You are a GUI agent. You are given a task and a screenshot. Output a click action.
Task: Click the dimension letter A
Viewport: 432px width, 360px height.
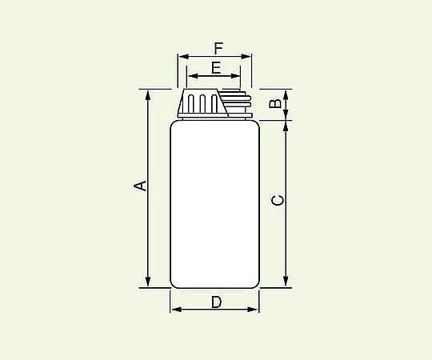coord(140,186)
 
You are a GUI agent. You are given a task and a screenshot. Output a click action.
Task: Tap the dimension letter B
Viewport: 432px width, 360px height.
coord(275,103)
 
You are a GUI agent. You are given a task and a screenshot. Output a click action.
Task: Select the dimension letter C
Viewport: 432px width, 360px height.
coord(277,200)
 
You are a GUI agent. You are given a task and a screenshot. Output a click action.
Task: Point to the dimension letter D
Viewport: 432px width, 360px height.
coord(216,302)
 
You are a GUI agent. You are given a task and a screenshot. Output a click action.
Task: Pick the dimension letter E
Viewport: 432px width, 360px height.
coord(216,68)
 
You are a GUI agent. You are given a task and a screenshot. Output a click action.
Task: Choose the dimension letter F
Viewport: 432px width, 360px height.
coord(218,49)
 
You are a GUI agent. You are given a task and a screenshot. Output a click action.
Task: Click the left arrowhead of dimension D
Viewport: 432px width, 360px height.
coord(176,310)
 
